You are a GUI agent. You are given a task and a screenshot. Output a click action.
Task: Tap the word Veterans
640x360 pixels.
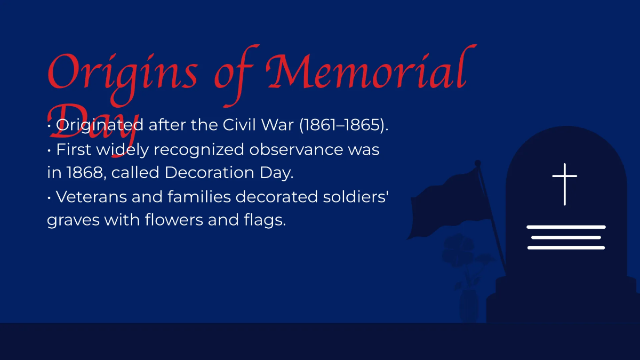[x=90, y=197]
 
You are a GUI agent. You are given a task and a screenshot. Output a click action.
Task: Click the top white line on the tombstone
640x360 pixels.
[x=566, y=227]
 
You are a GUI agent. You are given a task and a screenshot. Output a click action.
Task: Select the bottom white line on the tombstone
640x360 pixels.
[x=566, y=247]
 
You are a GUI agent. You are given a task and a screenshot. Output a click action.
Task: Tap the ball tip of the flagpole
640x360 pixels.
[x=478, y=163]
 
